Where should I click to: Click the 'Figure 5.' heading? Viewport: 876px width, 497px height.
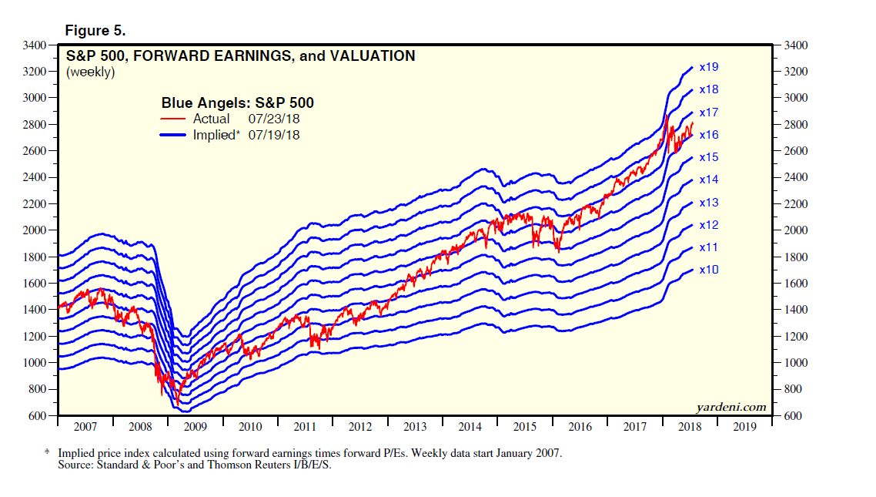tap(95, 31)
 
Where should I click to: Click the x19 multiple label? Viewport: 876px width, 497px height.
tap(709, 68)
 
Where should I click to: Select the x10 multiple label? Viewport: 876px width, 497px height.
tap(709, 270)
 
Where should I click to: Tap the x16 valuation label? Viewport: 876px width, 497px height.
tap(709, 135)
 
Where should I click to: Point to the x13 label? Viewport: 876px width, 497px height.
tap(709, 203)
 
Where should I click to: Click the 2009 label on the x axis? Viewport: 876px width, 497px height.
tap(195, 426)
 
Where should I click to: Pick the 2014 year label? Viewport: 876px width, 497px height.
tap(470, 426)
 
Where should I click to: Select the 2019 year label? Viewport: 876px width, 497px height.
tap(744, 426)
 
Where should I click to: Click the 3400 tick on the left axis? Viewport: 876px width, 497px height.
tap(35, 45)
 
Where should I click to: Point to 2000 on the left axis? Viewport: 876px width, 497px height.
tap(35, 230)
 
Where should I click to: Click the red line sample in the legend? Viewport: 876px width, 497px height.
tap(173, 119)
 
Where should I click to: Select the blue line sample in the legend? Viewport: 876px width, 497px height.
tap(173, 136)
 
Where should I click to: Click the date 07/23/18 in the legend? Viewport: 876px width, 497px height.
tap(274, 119)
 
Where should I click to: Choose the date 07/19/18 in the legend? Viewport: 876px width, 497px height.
tap(274, 136)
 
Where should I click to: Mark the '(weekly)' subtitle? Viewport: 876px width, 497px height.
tap(91, 72)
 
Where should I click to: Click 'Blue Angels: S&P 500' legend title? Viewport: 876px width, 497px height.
tap(237, 102)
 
